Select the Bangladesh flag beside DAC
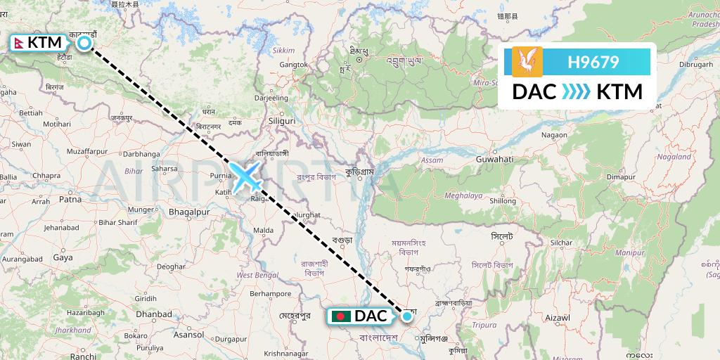340,316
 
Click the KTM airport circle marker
84,44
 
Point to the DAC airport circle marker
406,316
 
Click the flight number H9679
593,63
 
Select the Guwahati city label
495,160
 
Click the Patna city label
70,199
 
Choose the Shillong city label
503,200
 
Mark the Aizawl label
555,319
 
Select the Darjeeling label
271,98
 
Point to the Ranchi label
83,356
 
